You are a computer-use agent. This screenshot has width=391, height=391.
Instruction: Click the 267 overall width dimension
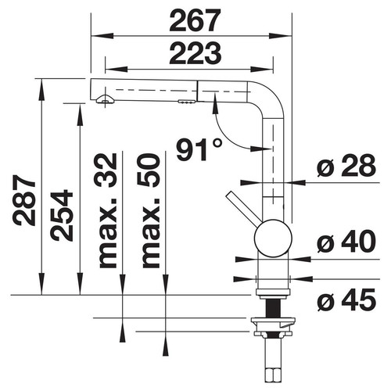195,20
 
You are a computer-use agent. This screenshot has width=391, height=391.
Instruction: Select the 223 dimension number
195,53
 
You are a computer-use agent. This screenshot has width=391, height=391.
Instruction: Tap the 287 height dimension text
24,200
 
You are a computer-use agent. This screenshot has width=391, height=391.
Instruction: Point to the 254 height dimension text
62,215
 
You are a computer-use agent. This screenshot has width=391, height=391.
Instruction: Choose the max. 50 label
150,210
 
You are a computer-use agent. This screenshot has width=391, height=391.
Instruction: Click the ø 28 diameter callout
346,165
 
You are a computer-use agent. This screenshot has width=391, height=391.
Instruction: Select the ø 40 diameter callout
346,242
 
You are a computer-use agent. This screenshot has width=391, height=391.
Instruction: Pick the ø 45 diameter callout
346,300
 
